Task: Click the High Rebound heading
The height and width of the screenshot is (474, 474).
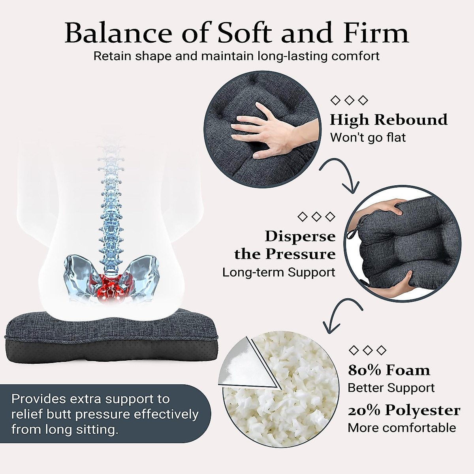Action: coord(389,119)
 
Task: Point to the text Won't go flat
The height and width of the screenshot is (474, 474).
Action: coord(368,137)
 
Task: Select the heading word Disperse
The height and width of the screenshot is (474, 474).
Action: coord(300,236)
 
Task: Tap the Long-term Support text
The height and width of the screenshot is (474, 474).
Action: coord(278,272)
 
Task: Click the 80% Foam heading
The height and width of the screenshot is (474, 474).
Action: coord(389,370)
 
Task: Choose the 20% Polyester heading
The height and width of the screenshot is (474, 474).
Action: coord(404,410)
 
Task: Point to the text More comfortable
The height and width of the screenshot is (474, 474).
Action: coord(402,428)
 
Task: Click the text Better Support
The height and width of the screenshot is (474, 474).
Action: coord(391,388)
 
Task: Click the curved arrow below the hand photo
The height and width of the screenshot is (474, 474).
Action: coord(340,174)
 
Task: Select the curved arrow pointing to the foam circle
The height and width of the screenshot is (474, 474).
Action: coord(340,314)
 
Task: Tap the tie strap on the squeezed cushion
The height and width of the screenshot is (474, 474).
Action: coord(350,233)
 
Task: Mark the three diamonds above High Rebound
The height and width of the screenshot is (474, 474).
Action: coord(349,100)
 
